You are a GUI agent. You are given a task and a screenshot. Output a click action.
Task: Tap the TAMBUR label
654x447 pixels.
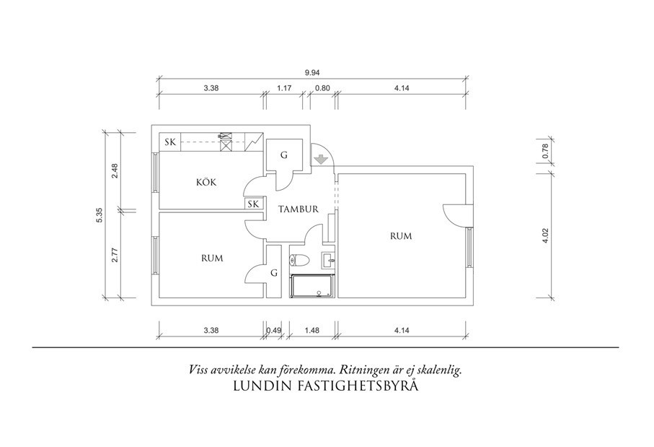[x=299, y=209]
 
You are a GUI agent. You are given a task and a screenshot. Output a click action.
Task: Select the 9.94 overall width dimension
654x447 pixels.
[x=311, y=72]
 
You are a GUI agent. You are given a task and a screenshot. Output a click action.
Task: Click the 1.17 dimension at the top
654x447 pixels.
[x=284, y=88]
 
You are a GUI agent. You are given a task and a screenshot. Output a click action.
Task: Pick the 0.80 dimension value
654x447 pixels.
[x=322, y=88]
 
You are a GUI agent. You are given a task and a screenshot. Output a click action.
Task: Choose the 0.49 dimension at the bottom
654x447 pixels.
[x=273, y=331]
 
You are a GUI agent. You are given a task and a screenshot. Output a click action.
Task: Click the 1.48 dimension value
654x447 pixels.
[x=311, y=331]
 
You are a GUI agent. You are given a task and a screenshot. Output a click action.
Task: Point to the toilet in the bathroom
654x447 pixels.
[x=300, y=259]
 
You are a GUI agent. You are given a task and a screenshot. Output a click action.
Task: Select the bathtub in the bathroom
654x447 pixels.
[x=311, y=287]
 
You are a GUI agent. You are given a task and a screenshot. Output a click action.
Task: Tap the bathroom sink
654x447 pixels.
[x=328, y=259]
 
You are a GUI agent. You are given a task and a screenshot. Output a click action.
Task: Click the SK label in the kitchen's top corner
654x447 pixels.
[x=170, y=142]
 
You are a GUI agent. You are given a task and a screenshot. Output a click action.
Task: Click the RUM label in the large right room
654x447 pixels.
[x=400, y=236]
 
